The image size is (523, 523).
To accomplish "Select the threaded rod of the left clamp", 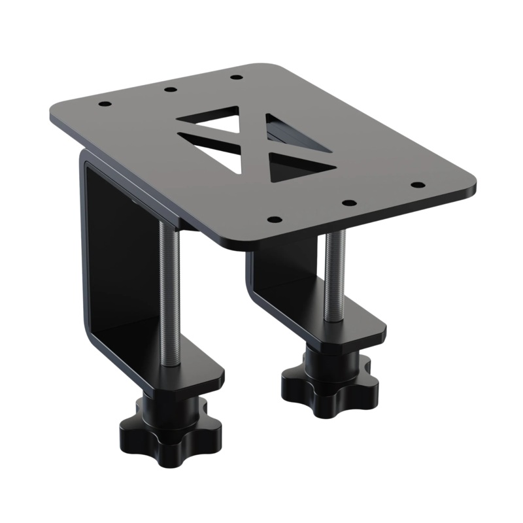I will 169,294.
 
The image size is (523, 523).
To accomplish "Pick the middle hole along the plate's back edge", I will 170,89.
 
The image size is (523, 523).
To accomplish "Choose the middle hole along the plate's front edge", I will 349,203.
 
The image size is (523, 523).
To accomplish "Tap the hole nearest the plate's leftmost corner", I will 103,104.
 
